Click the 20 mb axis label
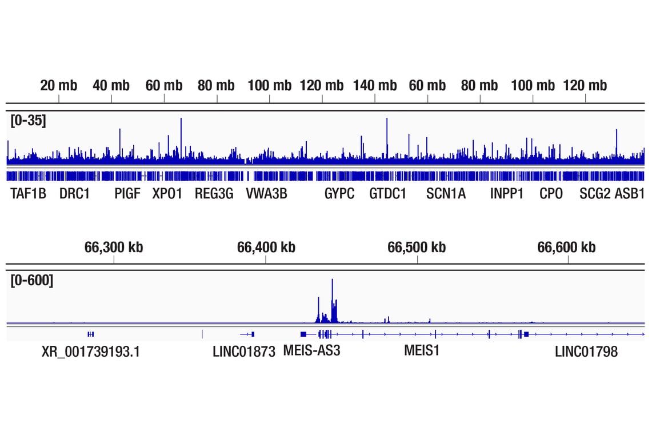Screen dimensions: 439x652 click(58, 86)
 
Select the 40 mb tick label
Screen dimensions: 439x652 click(111, 86)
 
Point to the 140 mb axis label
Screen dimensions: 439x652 click(375, 86)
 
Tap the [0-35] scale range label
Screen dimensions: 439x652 click(29, 121)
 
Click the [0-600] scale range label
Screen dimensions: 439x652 click(32, 281)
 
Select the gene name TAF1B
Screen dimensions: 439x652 click(28, 194)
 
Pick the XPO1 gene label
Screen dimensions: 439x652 click(167, 194)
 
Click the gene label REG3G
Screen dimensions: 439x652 click(214, 194)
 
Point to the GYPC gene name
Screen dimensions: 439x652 click(339, 194)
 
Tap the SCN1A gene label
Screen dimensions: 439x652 click(446, 194)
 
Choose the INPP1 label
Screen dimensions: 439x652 click(506, 194)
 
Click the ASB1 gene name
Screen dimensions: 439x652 click(630, 194)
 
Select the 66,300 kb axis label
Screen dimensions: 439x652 click(114, 248)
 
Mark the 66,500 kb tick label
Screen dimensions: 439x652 click(417, 248)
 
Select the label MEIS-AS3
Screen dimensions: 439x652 click(311, 350)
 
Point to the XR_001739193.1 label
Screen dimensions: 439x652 click(91, 352)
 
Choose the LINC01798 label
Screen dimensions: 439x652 click(586, 352)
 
